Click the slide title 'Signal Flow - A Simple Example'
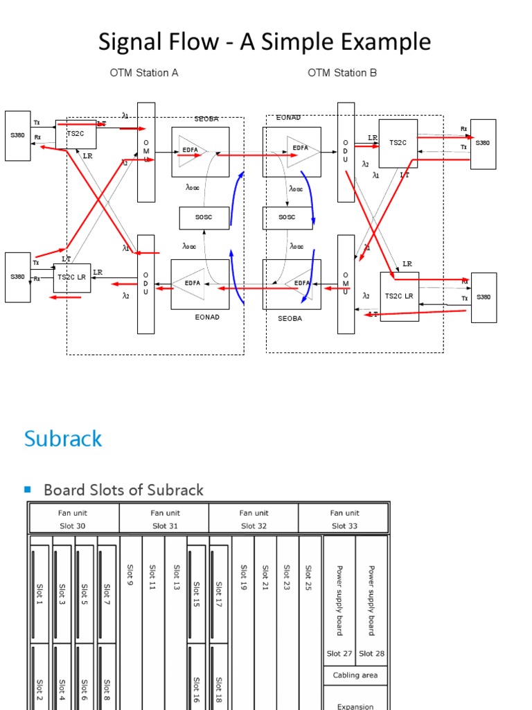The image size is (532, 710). (x=265, y=42)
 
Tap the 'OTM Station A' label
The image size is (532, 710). (x=144, y=73)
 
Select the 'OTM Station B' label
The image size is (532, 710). (x=342, y=73)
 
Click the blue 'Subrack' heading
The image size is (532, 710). (x=63, y=438)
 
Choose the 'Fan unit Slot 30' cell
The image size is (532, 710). (x=73, y=519)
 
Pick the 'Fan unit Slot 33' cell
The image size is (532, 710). (x=344, y=519)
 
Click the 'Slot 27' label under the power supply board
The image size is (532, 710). (x=339, y=653)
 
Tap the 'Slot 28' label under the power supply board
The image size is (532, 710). (x=371, y=653)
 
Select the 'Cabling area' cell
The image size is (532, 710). (x=355, y=675)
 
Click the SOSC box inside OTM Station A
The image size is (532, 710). (x=204, y=218)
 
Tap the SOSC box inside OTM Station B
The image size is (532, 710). (x=287, y=218)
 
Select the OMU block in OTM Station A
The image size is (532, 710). (x=146, y=152)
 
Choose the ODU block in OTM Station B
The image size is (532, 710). (x=346, y=152)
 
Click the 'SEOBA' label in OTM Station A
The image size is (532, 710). (x=205, y=119)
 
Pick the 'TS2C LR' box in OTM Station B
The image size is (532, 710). (x=399, y=296)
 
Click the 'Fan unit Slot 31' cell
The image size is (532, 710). (x=163, y=519)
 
